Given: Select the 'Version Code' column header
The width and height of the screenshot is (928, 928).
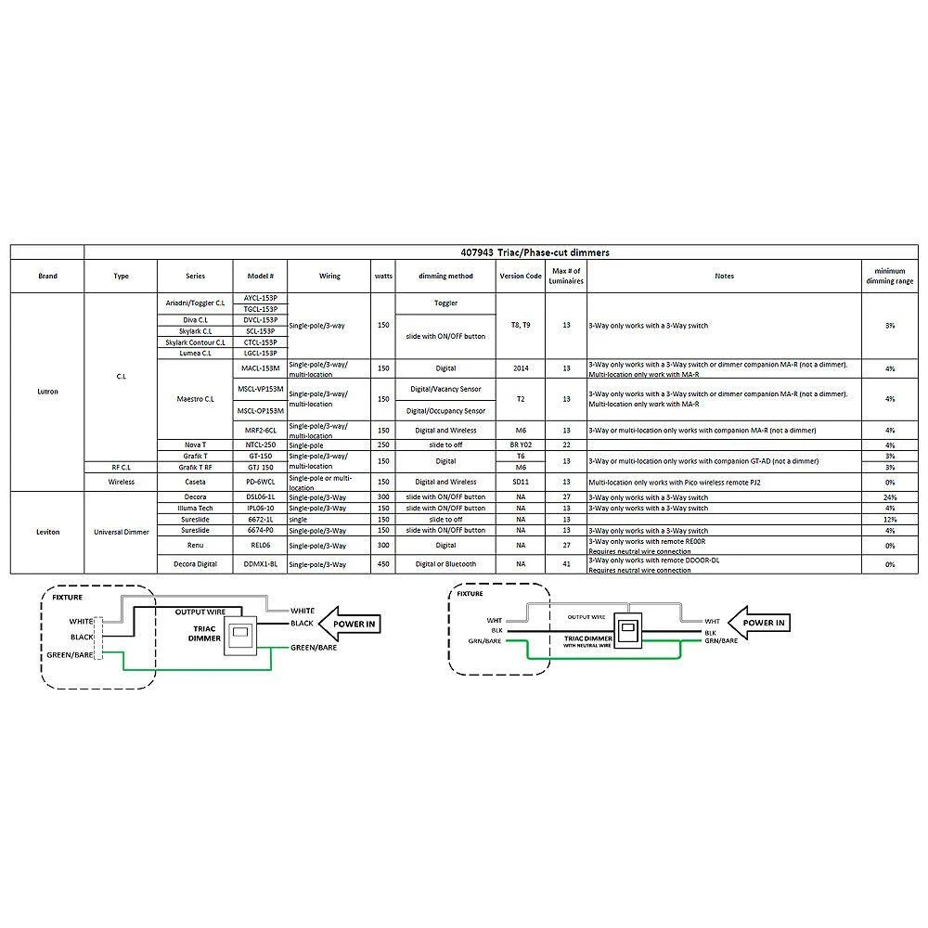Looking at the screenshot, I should pos(520,276).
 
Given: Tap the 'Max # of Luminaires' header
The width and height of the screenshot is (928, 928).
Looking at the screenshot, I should pos(566,276).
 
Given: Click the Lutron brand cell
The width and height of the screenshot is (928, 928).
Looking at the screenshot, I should pos(47,392).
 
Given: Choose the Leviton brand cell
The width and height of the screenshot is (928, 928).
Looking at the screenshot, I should pos(47,531).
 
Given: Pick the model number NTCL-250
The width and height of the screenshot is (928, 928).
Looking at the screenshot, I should pos(260,445).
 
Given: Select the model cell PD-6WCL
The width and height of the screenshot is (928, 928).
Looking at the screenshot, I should pos(260,483).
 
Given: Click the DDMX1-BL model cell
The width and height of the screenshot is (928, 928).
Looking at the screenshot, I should pos(260,564).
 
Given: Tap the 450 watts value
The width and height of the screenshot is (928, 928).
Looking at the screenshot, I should pos(383,564).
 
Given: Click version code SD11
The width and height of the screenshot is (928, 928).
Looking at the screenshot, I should pos(520,483).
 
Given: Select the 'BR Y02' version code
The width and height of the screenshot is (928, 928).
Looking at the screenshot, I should pos(520,445).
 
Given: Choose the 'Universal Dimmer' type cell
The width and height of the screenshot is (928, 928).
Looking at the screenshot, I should pos(122,532).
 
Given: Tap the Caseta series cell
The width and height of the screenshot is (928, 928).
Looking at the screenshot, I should pos(195,483).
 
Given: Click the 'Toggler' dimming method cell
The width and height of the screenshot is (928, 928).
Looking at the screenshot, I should pos(445,303).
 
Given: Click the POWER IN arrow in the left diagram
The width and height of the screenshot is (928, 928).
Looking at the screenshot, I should pos(352,625).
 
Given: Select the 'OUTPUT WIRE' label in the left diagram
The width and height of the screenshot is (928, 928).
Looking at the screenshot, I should pos(200,612).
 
